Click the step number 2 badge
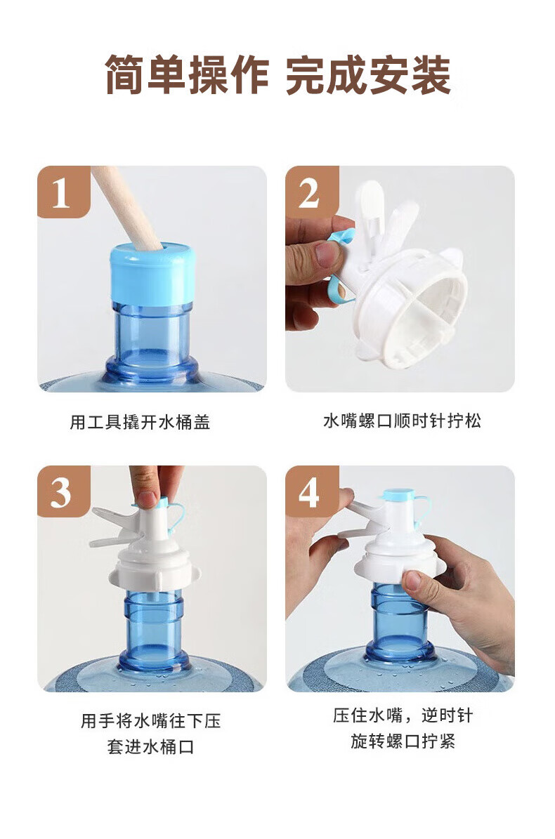pyautogui.click(x=311, y=192)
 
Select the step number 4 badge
pyautogui.click(x=311, y=491)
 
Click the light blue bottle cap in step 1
pyautogui.click(x=152, y=274)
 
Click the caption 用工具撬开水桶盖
pyautogui.click(x=140, y=422)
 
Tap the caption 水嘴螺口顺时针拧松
pyautogui.click(x=402, y=421)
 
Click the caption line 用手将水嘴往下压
pyautogui.click(x=150, y=720)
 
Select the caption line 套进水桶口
pyautogui.click(x=150, y=746)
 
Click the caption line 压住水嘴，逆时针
pyautogui.click(x=403, y=715)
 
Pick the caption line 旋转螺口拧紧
pyautogui.click(x=403, y=741)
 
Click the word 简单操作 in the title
pyautogui.click(x=187, y=74)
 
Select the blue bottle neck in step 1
pyautogui.click(x=152, y=336)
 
